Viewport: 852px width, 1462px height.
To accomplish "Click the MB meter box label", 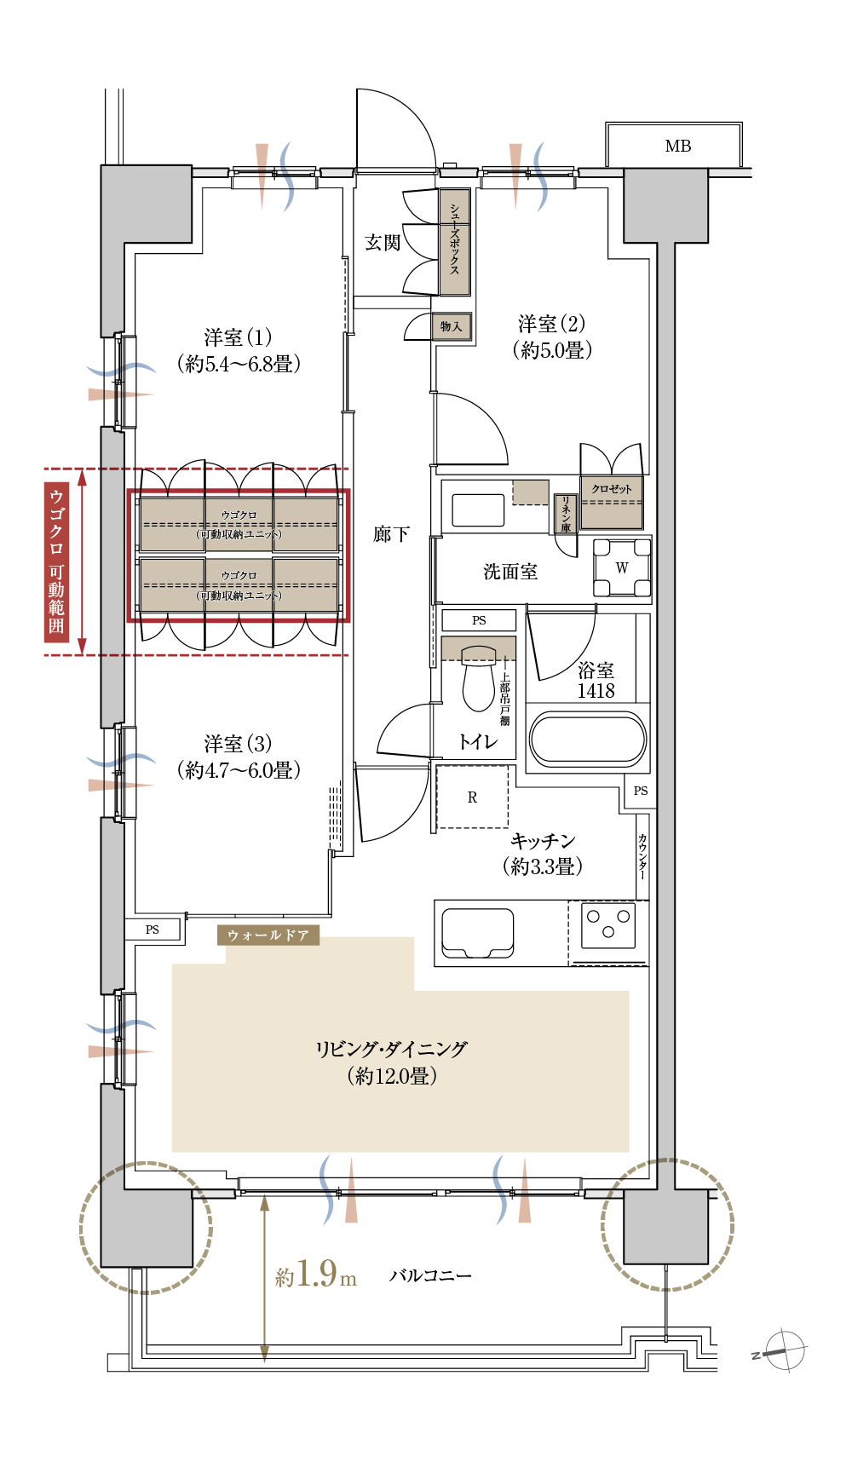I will [x=677, y=147].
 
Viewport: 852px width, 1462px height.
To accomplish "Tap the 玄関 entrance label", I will [x=382, y=243].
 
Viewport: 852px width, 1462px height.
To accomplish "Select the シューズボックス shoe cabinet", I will [x=454, y=242].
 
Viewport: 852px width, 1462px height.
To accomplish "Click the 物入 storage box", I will [x=451, y=326].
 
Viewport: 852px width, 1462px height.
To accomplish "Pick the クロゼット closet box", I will [x=611, y=501].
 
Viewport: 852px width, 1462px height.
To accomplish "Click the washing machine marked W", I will [x=622, y=568].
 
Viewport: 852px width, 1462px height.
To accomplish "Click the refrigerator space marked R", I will [x=472, y=797].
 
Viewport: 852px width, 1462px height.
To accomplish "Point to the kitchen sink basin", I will [x=477, y=932].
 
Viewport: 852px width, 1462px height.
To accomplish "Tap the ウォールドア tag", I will [x=268, y=935].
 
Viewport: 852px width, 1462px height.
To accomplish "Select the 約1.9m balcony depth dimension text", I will [x=315, y=1275].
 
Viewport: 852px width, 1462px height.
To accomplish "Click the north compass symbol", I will [x=782, y=1351].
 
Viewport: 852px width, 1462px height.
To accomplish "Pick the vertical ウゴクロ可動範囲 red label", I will [x=56, y=561].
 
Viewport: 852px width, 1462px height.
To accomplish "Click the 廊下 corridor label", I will [x=391, y=535].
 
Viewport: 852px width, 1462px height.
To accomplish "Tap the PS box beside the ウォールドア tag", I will [x=153, y=930].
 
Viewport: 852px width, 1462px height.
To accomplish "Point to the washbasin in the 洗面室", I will [x=478, y=509].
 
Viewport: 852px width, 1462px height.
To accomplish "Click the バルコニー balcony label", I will [x=430, y=1275].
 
